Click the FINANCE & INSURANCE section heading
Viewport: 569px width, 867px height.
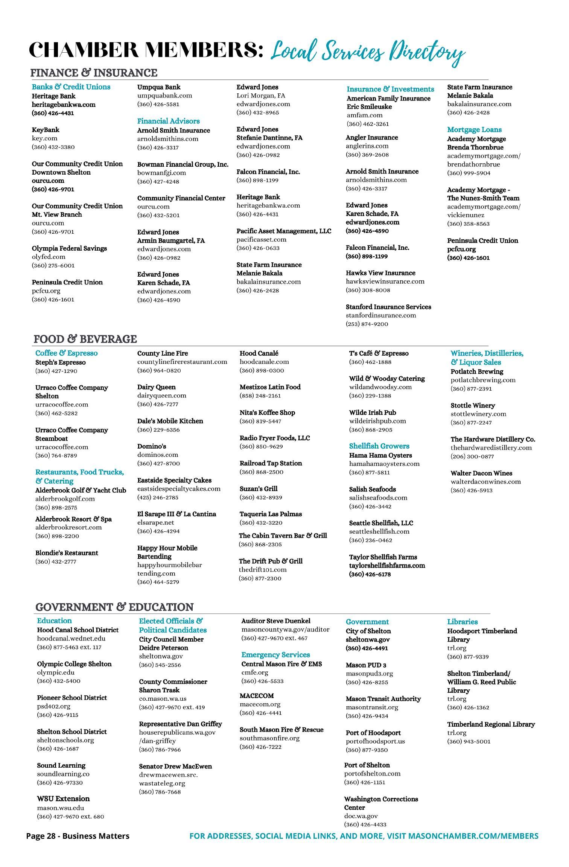pyautogui.click(x=94, y=73)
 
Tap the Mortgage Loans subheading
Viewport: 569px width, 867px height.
pyautogui.click(x=474, y=130)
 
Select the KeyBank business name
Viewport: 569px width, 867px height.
pyautogui.click(x=46, y=130)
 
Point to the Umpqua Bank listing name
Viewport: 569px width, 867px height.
pyautogui.click(x=159, y=87)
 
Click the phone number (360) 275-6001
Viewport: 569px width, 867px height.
pyautogui.click(x=53, y=265)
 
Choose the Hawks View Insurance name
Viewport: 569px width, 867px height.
pyautogui.click(x=380, y=273)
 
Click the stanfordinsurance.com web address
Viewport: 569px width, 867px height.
pyautogui.click(x=381, y=315)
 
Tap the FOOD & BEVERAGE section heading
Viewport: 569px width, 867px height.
pyautogui.click(x=85, y=339)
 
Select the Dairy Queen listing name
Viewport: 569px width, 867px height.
pyautogui.click(x=156, y=387)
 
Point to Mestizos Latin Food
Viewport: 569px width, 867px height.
pyautogui.click(x=270, y=387)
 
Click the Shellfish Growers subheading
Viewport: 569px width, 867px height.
pyautogui.click(x=379, y=446)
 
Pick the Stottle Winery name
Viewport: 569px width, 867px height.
pyautogui.click(x=473, y=406)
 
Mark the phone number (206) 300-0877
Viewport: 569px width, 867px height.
pyautogui.click(x=472, y=456)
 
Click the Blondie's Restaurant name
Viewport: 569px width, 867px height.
pyautogui.click(x=67, y=553)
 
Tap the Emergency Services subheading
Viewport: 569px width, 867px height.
pyautogui.click(x=275, y=655)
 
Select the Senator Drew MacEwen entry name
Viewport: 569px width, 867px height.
pyautogui.click(x=175, y=764)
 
